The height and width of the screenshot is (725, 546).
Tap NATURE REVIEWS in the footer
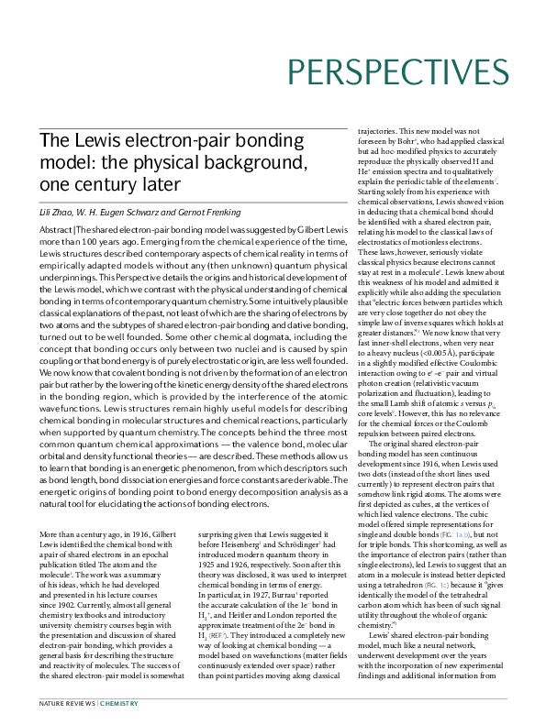(x=65, y=704)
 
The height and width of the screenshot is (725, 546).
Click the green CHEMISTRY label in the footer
(x=118, y=704)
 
